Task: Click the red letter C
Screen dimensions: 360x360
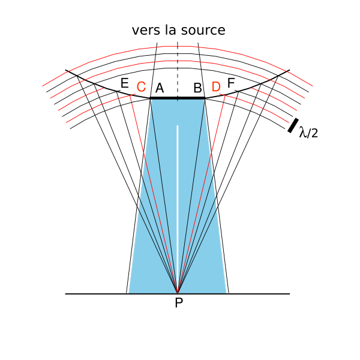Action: [141, 88]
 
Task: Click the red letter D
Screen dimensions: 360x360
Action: [216, 88]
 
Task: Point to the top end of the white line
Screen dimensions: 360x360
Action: [178, 126]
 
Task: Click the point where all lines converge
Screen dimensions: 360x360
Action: [178, 293]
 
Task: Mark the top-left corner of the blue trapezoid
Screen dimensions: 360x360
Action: [152, 100]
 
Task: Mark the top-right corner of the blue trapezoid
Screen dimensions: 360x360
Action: [203, 100]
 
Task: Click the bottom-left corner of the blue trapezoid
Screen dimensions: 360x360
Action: [129, 293]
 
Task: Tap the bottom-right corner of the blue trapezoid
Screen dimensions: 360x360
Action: [226, 293]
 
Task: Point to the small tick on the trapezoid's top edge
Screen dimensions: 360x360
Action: [178, 100]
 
